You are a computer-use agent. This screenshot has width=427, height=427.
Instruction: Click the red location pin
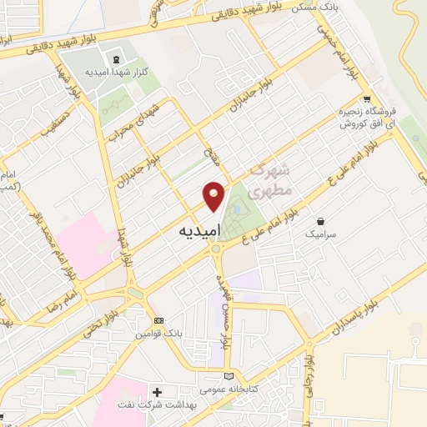[x=214, y=196]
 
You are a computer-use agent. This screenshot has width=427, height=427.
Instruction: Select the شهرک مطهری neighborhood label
[x=272, y=179]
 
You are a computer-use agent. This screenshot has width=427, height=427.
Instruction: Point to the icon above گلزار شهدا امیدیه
[x=115, y=58]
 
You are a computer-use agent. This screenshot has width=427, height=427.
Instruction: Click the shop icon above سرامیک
[x=321, y=222]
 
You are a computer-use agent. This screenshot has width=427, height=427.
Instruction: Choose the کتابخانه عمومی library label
[x=208, y=389]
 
